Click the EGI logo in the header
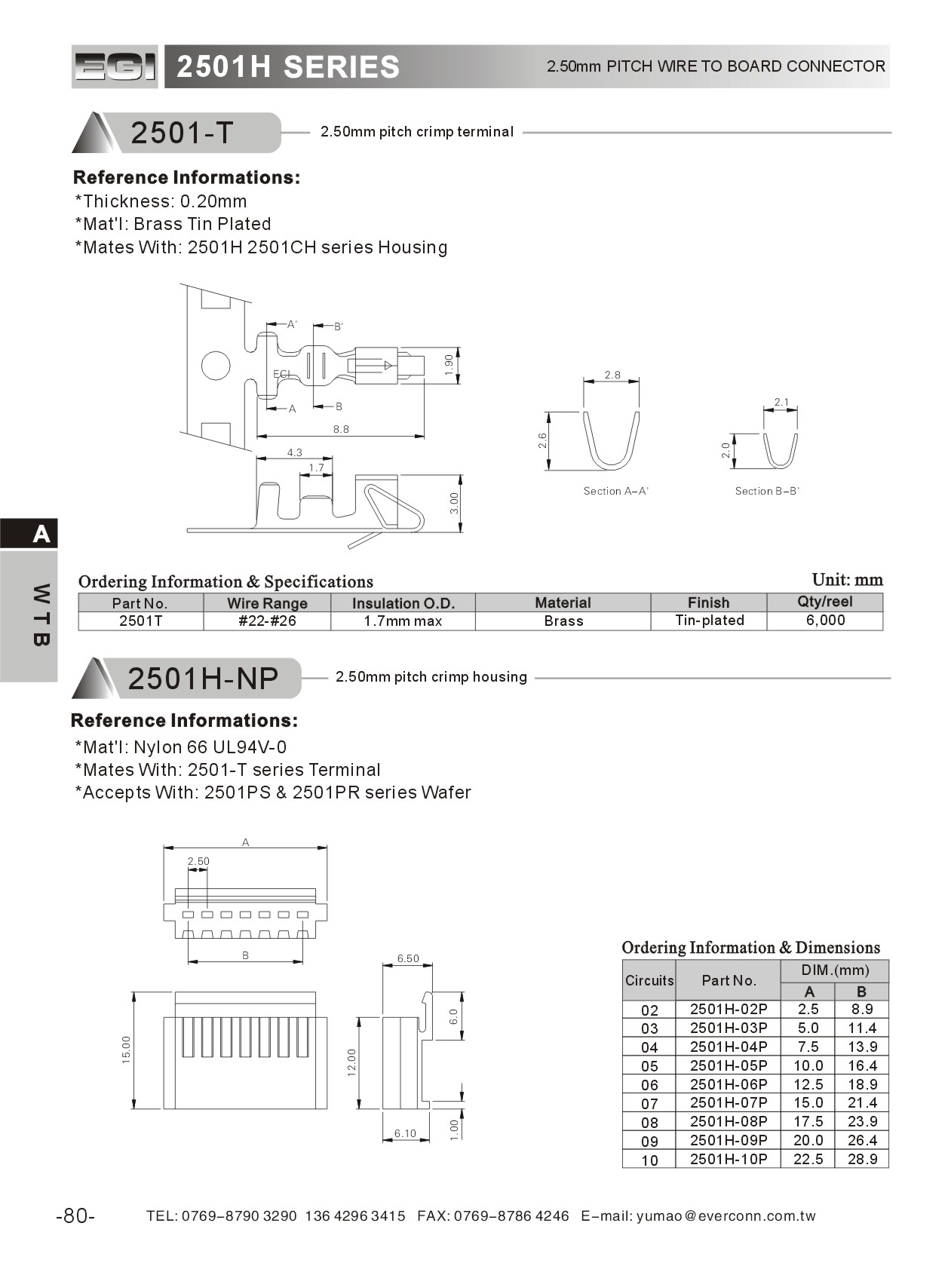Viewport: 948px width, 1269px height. click(115, 67)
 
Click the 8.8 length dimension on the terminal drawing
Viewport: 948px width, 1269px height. click(341, 429)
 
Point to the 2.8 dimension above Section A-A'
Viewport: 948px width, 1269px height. click(612, 375)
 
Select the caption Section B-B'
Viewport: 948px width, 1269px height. click(767, 491)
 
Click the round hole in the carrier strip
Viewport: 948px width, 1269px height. click(216, 366)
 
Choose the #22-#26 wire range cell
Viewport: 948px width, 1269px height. click(267, 621)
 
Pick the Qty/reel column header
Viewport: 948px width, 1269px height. click(824, 602)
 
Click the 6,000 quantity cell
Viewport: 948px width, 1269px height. click(825, 620)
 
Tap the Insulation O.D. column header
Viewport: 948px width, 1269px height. click(403, 602)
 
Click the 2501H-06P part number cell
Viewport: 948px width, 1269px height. click(728, 1084)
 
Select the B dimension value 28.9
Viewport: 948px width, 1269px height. click(862, 1159)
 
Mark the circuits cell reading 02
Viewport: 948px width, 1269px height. click(649, 1010)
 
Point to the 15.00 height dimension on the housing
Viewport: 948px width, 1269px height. click(127, 1050)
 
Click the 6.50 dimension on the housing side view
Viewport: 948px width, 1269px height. click(408, 958)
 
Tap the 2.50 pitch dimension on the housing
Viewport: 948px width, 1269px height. click(198, 861)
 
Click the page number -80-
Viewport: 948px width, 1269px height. click(75, 1215)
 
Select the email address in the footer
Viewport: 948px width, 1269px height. click(726, 1215)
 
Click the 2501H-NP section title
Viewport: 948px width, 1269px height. click(203, 679)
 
